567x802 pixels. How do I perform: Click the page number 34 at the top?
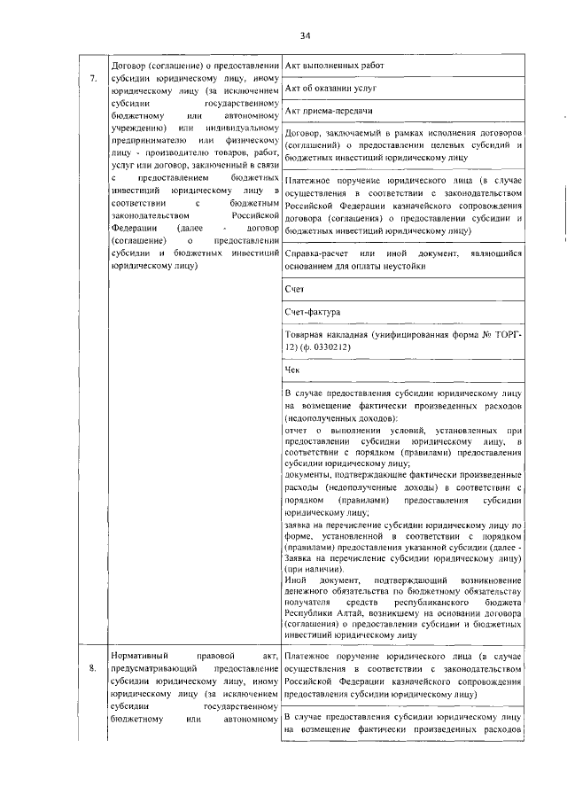(305, 36)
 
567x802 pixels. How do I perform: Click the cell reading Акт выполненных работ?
(336, 66)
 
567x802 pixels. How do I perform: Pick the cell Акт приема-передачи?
(328, 112)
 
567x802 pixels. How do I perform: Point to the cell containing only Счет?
(294, 289)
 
